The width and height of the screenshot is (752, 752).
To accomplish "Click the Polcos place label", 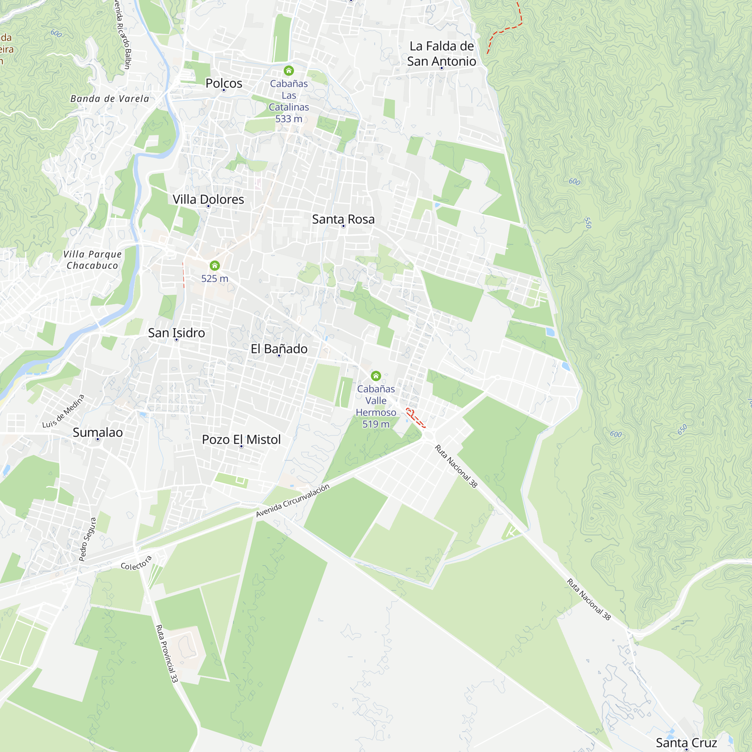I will pyautogui.click(x=224, y=83).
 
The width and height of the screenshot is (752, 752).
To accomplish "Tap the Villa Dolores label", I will pyautogui.click(x=208, y=199).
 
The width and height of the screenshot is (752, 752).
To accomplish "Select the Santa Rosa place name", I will pyautogui.click(x=343, y=219).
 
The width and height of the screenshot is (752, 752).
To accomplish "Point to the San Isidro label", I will pyautogui.click(x=176, y=333).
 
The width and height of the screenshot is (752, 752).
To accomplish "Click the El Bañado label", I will pyautogui.click(x=279, y=349).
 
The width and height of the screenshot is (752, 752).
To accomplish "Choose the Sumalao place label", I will pyautogui.click(x=98, y=432).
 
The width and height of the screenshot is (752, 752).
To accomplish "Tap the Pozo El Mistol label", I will pyautogui.click(x=241, y=440).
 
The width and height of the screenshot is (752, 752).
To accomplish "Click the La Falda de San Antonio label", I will pyautogui.click(x=441, y=54).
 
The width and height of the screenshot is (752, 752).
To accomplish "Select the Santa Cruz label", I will pyautogui.click(x=686, y=743).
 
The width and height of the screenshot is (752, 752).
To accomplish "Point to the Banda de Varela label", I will pyautogui.click(x=110, y=99).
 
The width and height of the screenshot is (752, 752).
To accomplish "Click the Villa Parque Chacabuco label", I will pyautogui.click(x=92, y=260).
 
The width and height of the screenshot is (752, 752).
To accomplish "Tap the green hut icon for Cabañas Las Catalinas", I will pyautogui.click(x=289, y=70).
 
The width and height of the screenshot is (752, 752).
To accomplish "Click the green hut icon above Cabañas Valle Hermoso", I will pyautogui.click(x=376, y=376).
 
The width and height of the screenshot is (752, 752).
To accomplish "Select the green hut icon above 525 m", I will pyautogui.click(x=215, y=266).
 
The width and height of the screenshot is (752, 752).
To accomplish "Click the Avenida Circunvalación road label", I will pyautogui.click(x=293, y=500).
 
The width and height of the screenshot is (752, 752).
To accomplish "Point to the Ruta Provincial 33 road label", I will pyautogui.click(x=167, y=653).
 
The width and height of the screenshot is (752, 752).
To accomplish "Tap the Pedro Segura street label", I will pyautogui.click(x=88, y=540).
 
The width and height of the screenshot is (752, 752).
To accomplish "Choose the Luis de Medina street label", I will pyautogui.click(x=64, y=411).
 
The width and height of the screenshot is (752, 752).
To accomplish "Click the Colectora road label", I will pyautogui.click(x=136, y=563).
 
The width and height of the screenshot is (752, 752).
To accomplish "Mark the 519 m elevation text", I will pyautogui.click(x=376, y=424).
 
